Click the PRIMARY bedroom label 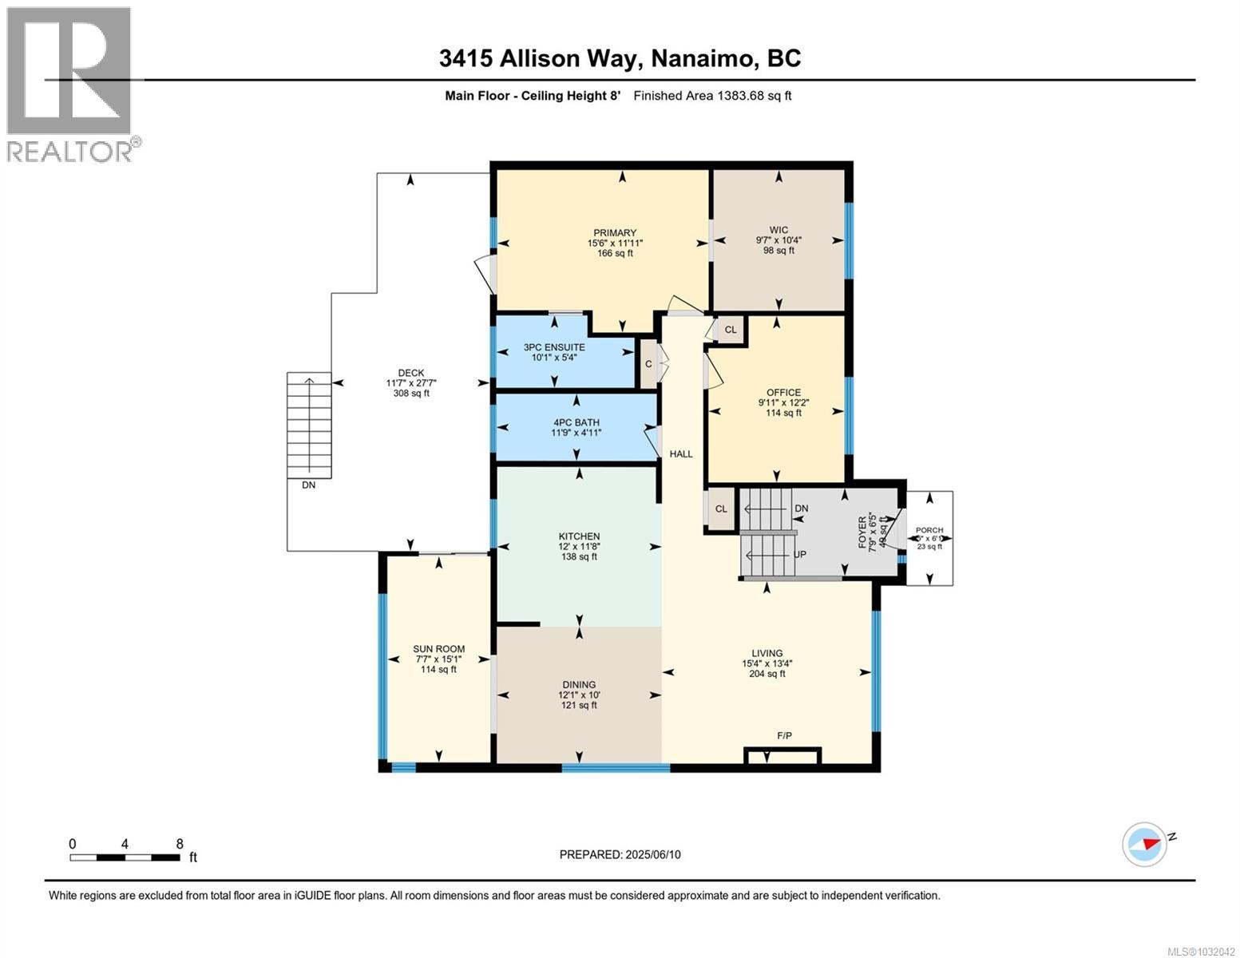614,233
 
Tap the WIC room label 778,230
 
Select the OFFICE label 783,392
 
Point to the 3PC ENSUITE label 553,347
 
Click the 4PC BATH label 575,422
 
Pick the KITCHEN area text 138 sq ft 579,556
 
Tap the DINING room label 579,684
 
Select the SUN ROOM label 438,649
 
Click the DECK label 411,373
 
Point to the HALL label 681,453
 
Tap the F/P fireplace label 784,735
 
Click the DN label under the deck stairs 308,485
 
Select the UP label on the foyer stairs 798,554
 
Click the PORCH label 929,530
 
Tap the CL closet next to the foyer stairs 721,509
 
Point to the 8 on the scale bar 180,844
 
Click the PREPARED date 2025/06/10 620,854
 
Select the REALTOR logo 69,84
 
